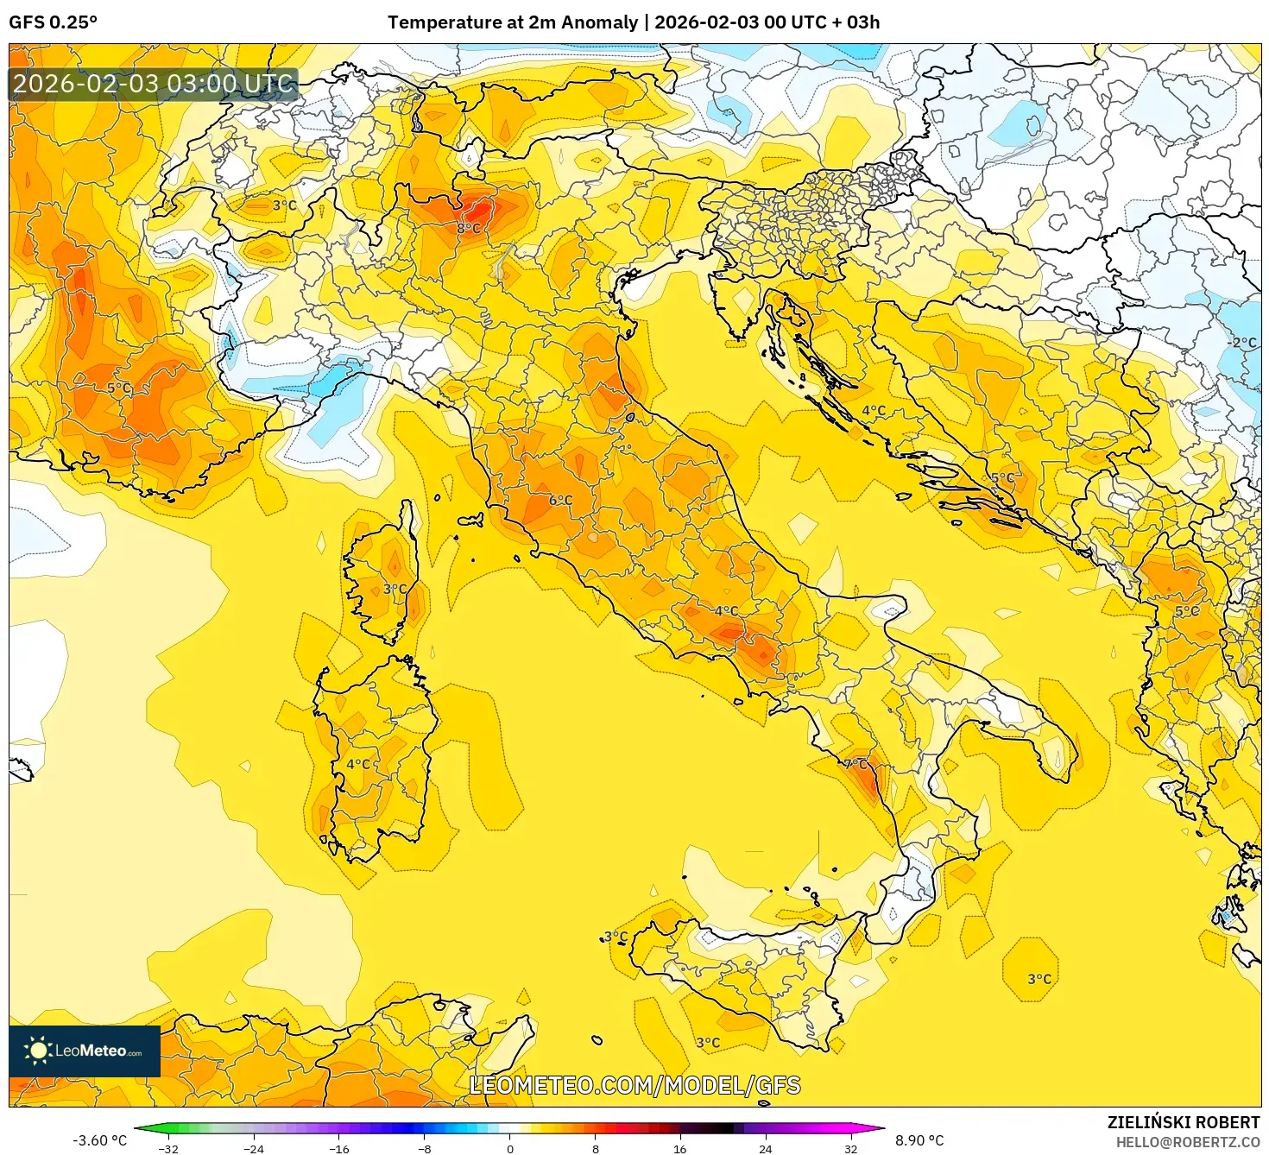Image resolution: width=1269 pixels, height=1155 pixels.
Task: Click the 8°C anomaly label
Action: (x=469, y=228)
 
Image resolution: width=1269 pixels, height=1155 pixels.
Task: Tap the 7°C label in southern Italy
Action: (x=855, y=764)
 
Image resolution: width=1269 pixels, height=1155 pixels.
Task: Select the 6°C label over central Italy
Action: (x=560, y=500)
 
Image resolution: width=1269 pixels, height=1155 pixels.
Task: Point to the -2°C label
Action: (x=1242, y=343)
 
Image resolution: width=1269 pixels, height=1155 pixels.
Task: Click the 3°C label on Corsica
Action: (x=395, y=589)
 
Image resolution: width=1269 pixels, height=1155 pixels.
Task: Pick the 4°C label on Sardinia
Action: (x=358, y=764)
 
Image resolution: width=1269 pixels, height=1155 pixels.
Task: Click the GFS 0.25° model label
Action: (x=53, y=22)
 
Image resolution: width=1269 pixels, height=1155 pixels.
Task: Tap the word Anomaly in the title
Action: (x=596, y=22)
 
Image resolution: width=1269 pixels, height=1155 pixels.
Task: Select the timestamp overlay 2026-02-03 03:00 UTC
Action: (x=153, y=84)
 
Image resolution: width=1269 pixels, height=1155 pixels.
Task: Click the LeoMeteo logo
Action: (x=85, y=1051)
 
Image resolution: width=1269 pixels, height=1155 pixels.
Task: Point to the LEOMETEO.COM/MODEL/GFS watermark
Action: (x=634, y=1085)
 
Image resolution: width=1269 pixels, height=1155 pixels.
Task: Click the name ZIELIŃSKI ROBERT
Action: (x=1184, y=1122)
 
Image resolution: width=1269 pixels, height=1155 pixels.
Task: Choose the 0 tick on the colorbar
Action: (x=510, y=1148)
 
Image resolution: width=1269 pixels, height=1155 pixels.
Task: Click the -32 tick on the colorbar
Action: (x=168, y=1148)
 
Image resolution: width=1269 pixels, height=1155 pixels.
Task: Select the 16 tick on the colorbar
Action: (x=680, y=1148)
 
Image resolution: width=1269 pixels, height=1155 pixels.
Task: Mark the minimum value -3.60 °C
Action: (x=99, y=1140)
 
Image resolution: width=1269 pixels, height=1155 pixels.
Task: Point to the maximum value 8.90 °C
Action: (x=919, y=1140)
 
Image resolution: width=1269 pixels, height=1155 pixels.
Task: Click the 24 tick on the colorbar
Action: (x=766, y=1148)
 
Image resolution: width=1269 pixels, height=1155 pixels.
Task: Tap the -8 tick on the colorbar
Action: (x=425, y=1148)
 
